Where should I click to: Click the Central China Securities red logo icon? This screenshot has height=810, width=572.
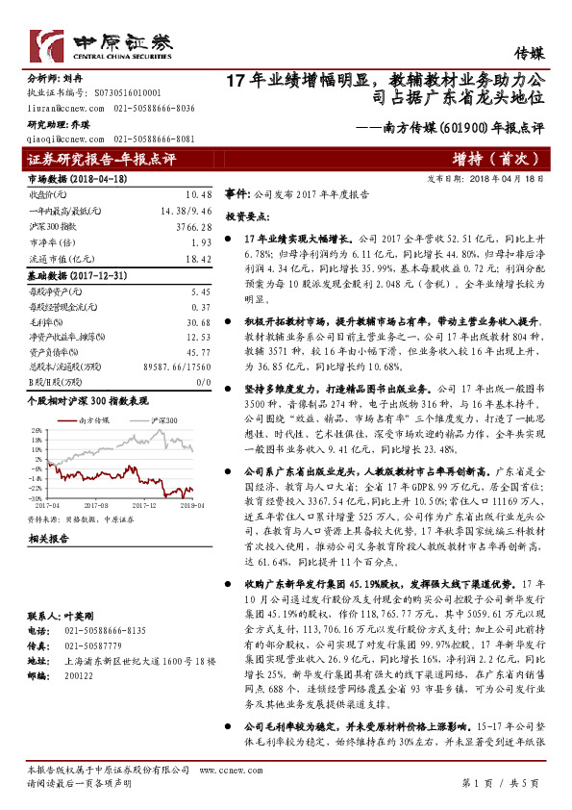click(x=47, y=43)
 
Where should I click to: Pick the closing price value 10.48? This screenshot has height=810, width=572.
click(x=198, y=193)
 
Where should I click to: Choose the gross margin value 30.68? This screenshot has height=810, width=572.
click(x=198, y=322)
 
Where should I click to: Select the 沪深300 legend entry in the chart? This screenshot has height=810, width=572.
click(x=159, y=422)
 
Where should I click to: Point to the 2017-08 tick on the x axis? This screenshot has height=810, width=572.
click(x=97, y=502)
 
